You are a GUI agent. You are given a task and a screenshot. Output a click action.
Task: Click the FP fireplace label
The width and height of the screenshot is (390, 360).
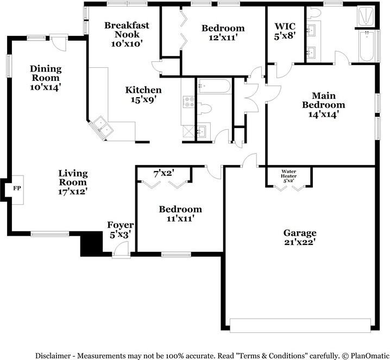17,188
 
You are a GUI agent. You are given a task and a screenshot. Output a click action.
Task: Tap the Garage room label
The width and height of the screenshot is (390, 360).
300,237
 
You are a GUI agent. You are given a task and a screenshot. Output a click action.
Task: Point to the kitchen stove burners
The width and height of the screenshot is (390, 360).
189,102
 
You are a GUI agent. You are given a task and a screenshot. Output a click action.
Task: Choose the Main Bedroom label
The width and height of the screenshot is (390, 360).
324,105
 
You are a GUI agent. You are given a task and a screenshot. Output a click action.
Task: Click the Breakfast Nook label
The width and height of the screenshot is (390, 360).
127,34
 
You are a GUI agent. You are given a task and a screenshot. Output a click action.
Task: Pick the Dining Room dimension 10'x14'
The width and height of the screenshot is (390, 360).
46,87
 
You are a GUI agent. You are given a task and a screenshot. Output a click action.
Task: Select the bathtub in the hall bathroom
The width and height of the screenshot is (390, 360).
215,86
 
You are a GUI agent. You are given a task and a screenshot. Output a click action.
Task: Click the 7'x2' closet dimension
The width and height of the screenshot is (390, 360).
163,174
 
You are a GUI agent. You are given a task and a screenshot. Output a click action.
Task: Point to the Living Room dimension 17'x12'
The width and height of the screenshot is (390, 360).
72,192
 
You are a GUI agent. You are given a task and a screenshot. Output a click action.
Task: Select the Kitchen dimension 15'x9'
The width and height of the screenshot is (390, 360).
143,99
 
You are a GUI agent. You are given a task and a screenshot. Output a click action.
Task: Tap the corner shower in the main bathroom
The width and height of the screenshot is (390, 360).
366,16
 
